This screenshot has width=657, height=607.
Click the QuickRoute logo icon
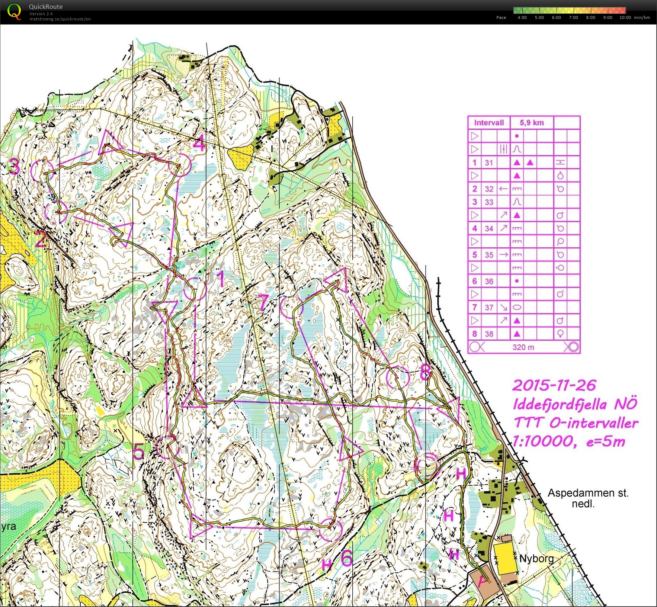(x=14, y=11)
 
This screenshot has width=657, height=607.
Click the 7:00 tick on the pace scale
(x=573, y=17)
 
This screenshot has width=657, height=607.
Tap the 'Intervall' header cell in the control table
(x=488, y=123)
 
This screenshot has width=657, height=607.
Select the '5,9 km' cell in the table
(x=532, y=123)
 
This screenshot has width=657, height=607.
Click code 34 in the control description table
(x=489, y=228)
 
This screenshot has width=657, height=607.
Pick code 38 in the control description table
(x=489, y=334)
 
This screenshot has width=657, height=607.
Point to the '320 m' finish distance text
(x=523, y=347)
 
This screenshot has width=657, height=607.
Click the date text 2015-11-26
(x=554, y=385)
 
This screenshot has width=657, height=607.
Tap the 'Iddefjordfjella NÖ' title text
(x=575, y=404)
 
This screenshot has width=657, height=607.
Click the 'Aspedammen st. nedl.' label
(x=588, y=498)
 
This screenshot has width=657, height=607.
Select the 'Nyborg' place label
(x=536, y=558)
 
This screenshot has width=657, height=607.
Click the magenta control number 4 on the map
(x=199, y=144)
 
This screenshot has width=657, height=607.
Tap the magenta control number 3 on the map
(x=14, y=166)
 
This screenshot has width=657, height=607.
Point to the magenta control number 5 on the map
(x=138, y=452)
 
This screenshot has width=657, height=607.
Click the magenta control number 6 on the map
(x=346, y=558)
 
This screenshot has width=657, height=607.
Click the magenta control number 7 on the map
(x=263, y=302)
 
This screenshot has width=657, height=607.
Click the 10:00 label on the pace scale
(x=625, y=17)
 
